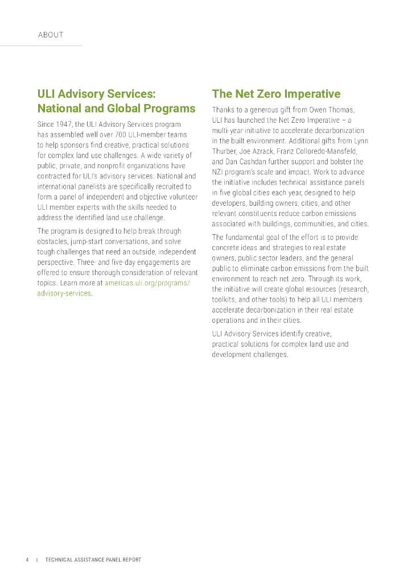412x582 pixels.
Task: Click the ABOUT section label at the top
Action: point(51,35)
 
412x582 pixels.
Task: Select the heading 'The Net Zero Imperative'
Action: point(276,94)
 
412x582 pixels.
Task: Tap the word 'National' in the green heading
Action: point(59,108)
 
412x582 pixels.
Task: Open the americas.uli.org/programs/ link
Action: point(147,282)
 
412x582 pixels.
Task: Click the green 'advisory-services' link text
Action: point(64,293)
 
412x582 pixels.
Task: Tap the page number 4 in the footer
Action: point(27,560)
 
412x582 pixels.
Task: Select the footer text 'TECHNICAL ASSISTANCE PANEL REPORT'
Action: point(93,560)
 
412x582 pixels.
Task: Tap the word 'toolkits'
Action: point(224,300)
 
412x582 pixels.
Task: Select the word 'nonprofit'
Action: point(110,165)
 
